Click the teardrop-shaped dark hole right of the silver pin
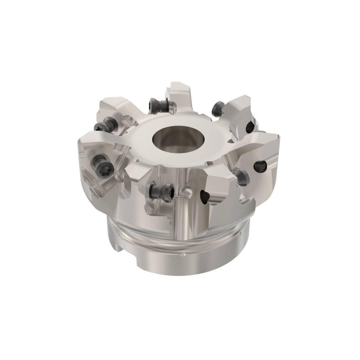click(205, 196)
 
